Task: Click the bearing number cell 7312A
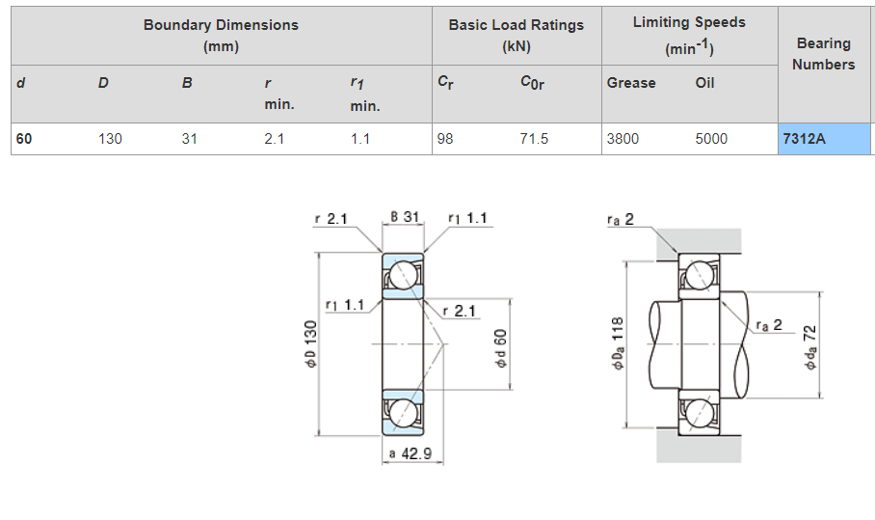(x=824, y=139)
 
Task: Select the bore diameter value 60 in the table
(x=24, y=139)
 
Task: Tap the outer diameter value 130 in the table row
(x=110, y=139)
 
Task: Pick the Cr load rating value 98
(x=445, y=139)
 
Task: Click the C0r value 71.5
(x=534, y=139)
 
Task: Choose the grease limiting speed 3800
(x=623, y=139)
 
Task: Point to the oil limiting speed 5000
(x=711, y=139)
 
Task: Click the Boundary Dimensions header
(x=221, y=35)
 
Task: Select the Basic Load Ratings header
(x=517, y=35)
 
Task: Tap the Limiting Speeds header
(x=689, y=35)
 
